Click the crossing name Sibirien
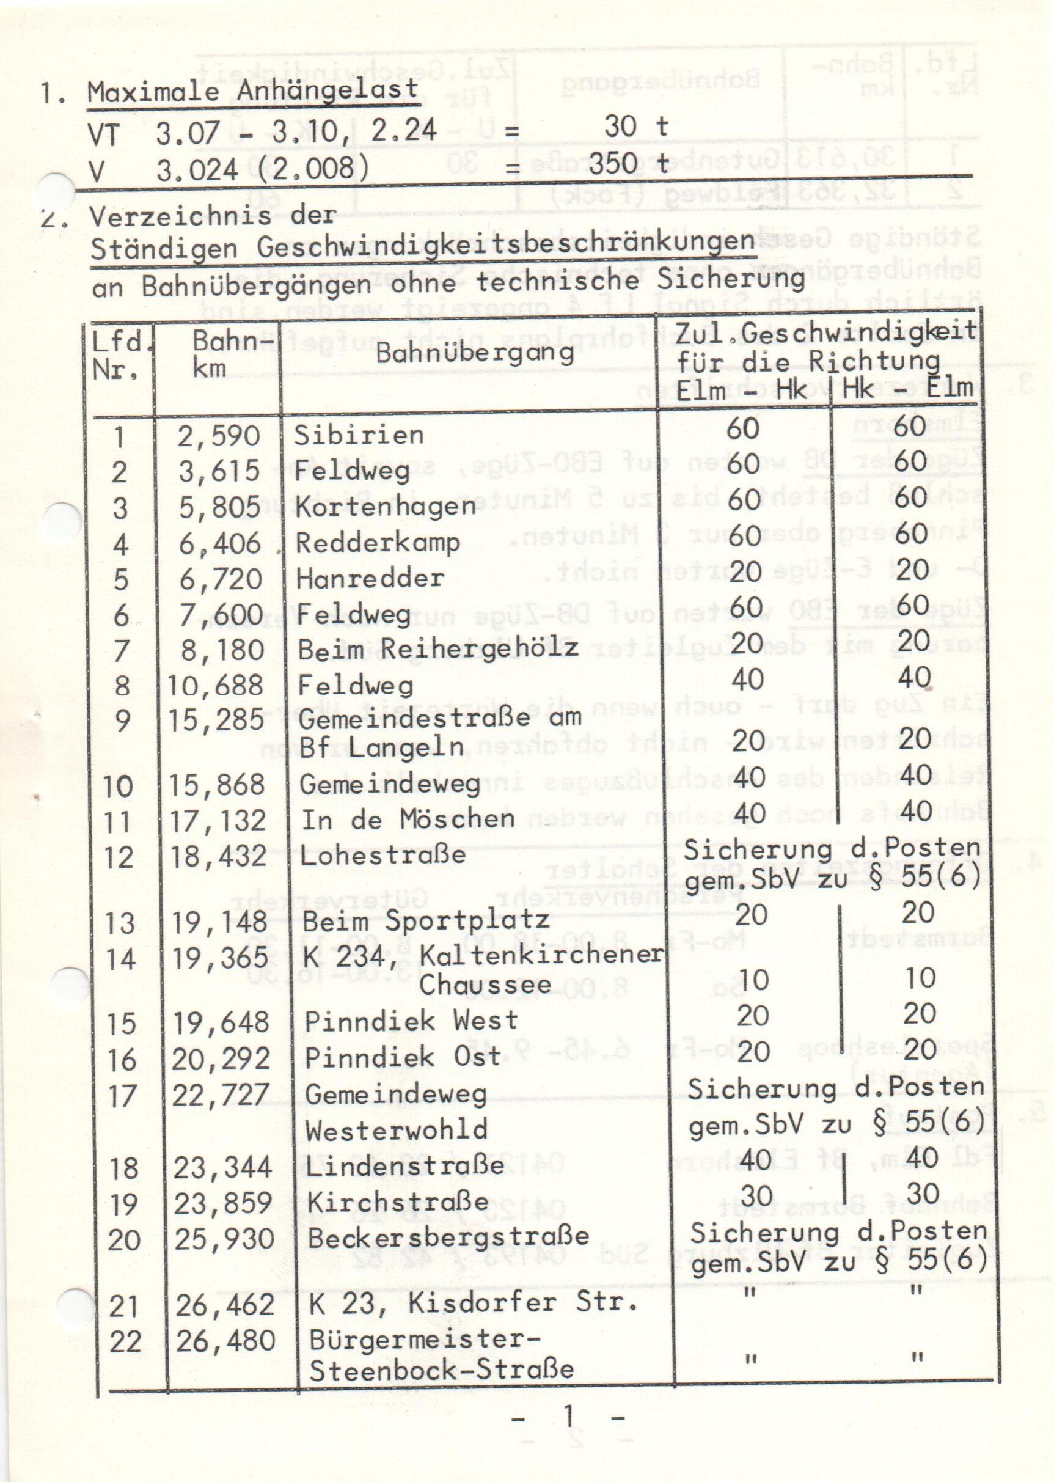[358, 435]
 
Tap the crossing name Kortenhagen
[386, 507]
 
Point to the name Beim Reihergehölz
[437, 648]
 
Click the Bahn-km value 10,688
[216, 685]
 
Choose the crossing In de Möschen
[408, 820]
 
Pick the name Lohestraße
[383, 855]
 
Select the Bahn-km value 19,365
[219, 958]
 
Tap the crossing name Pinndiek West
[411, 1021]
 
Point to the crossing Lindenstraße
[405, 1167]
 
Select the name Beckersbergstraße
[448, 1238]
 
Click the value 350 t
[628, 164]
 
